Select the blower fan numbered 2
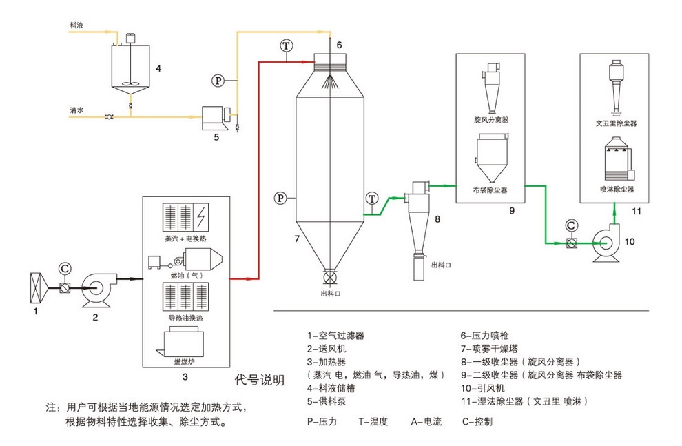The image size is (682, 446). [98, 286]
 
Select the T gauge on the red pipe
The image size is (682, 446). [286, 45]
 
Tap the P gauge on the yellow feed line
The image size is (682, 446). [218, 81]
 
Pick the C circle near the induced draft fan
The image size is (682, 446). [570, 225]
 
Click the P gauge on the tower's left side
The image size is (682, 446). [280, 198]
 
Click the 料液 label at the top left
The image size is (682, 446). [76, 25]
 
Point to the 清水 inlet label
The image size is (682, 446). [76, 110]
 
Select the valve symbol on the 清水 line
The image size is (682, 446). [109, 118]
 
